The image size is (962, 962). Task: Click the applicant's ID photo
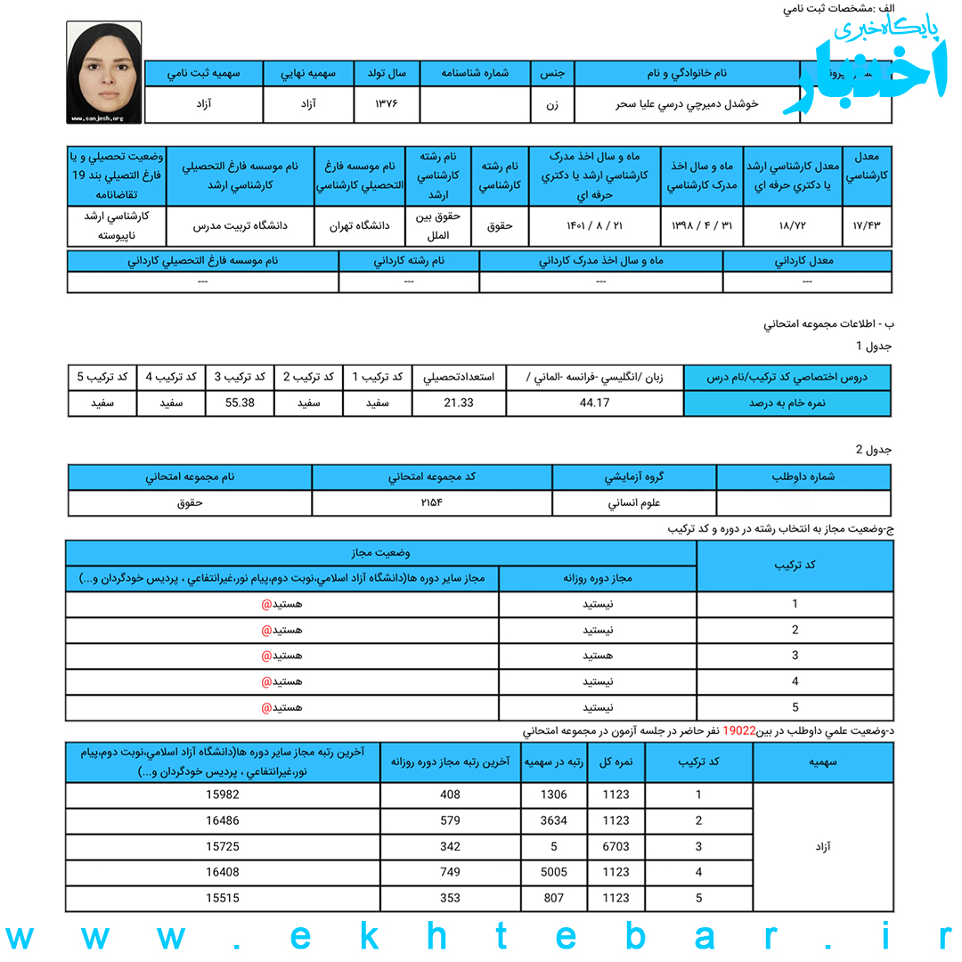pos(103,71)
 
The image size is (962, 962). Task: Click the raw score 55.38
pos(240,403)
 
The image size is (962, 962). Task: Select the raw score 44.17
pos(594,403)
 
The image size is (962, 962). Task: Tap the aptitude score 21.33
pos(458,403)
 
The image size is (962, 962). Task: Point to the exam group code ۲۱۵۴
pos(431,502)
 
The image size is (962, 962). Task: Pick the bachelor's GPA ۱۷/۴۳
pos(866,225)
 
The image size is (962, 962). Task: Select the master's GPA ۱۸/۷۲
pos(792,225)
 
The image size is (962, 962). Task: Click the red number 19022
pos(739,730)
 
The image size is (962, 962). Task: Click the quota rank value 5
pos(553,846)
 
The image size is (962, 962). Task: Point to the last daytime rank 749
pos(450,872)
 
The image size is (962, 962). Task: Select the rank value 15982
pos(222,795)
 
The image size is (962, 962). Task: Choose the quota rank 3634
pos(553,820)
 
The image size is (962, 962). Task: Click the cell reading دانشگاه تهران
pos(359,225)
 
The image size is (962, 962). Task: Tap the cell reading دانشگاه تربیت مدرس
pos(240,225)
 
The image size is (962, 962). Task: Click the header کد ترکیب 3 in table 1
pos(240,377)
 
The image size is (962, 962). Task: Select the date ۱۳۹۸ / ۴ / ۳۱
pos(701,225)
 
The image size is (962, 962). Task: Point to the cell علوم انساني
pos(633,502)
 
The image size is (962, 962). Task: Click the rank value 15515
pos(222,898)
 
